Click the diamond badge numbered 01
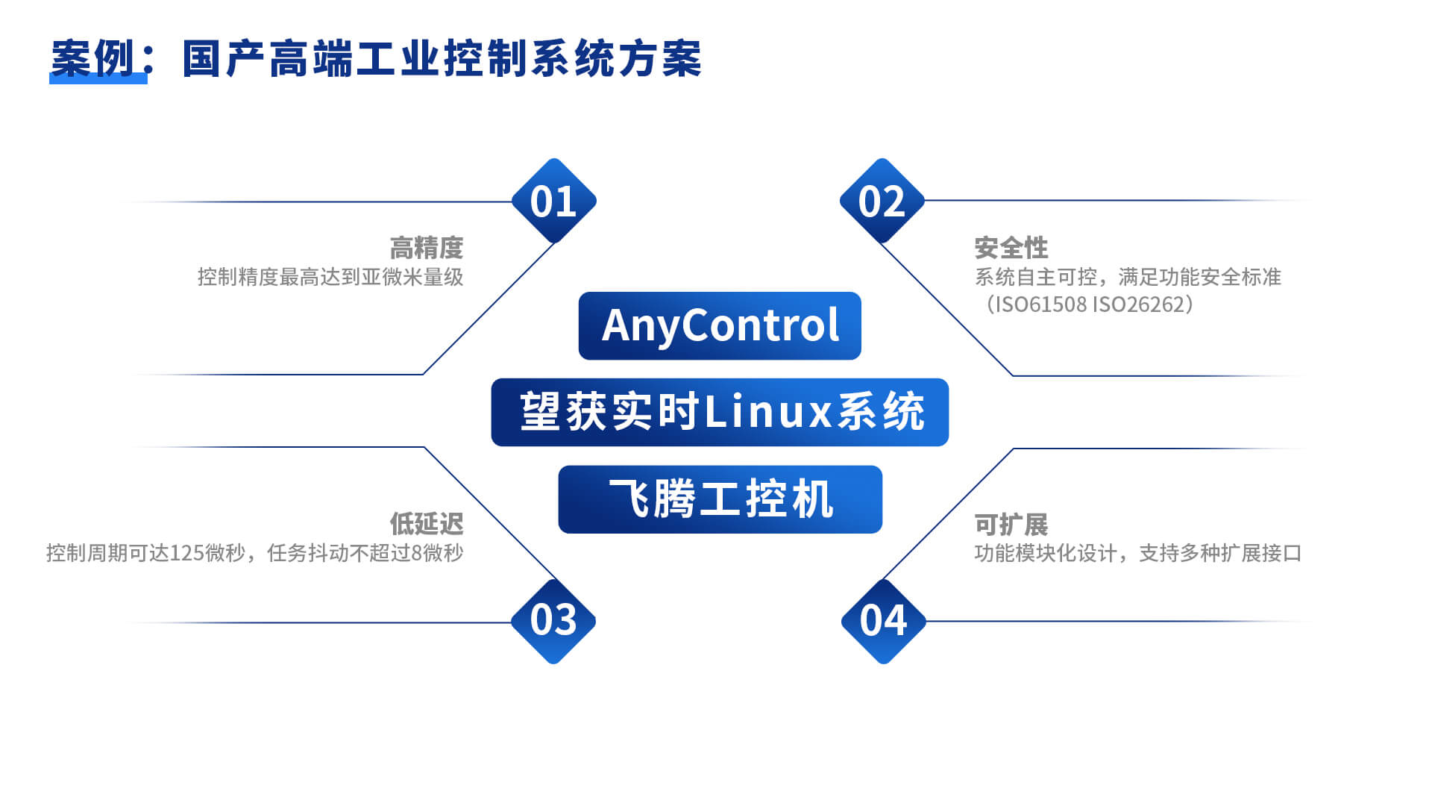[553, 201]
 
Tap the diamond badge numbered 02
[882, 201]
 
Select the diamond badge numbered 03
[553, 621]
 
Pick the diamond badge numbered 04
[883, 621]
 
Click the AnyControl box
[720, 325]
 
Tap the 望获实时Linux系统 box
[720, 412]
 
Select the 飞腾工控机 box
[720, 499]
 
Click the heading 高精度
[427, 248]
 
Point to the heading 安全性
[1011, 248]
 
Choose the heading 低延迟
[427, 524]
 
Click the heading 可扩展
[1011, 524]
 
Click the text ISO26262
[1138, 304]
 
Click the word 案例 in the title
[93, 59]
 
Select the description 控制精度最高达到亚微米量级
[330, 277]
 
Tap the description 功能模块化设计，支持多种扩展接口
[1138, 553]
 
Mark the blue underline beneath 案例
[98, 79]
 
